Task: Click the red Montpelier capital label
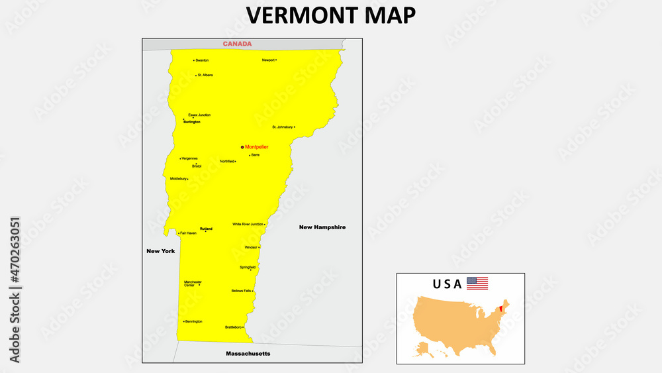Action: click(257, 146)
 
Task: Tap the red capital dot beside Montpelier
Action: click(242, 147)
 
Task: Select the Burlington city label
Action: click(192, 122)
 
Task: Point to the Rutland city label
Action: click(206, 228)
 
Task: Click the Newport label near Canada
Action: click(268, 60)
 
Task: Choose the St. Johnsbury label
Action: click(282, 127)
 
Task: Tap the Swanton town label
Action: click(202, 60)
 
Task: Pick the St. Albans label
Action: click(205, 75)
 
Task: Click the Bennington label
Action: click(194, 321)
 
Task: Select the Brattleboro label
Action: click(233, 327)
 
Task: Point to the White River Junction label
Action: click(248, 224)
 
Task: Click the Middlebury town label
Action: click(178, 178)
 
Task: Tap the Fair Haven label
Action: click(188, 233)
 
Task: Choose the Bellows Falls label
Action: click(240, 290)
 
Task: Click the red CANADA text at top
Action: click(237, 44)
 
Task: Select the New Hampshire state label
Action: click(322, 227)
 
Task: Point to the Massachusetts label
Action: click(248, 354)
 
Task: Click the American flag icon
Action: click(477, 284)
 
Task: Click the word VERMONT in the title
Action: click(295, 16)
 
